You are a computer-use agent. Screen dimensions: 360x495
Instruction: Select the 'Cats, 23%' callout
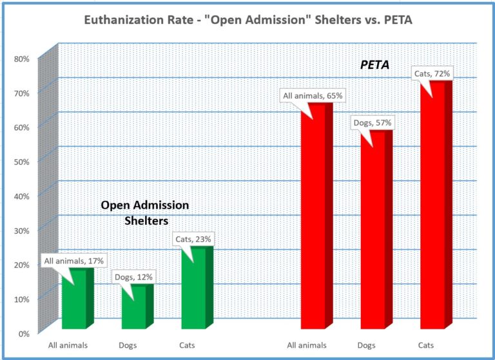(193, 239)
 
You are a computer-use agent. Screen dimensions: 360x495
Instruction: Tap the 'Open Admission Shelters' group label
(145, 213)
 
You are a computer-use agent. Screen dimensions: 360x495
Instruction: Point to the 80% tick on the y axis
(21, 59)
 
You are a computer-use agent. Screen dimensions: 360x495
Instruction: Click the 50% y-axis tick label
(21, 162)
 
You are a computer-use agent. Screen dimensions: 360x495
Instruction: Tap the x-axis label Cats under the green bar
(186, 345)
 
